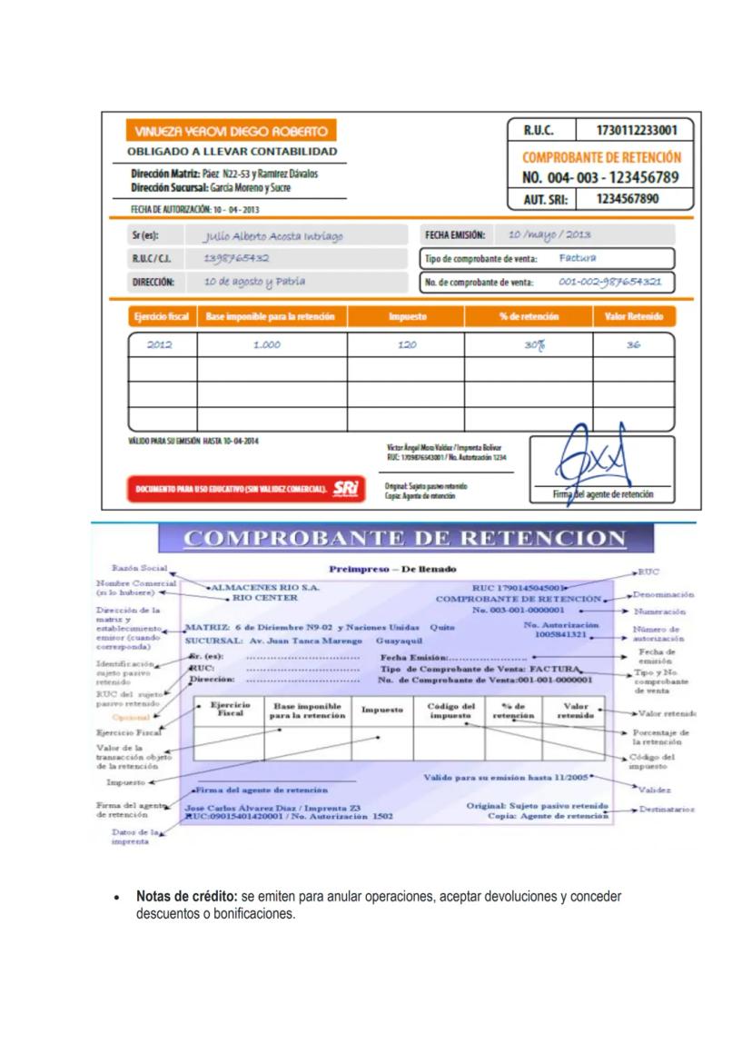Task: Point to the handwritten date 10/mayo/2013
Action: (x=549, y=235)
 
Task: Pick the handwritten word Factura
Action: (x=578, y=258)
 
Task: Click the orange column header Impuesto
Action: (x=407, y=316)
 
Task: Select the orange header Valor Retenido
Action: (x=633, y=316)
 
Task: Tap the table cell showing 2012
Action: (x=159, y=345)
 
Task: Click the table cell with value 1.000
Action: (x=266, y=345)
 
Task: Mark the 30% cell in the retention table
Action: (x=528, y=345)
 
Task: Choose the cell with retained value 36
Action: (x=633, y=345)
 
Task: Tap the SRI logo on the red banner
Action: (x=346, y=487)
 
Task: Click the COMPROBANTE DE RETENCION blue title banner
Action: (x=404, y=539)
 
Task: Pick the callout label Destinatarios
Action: (x=667, y=809)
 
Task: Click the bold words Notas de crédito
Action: (x=187, y=896)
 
